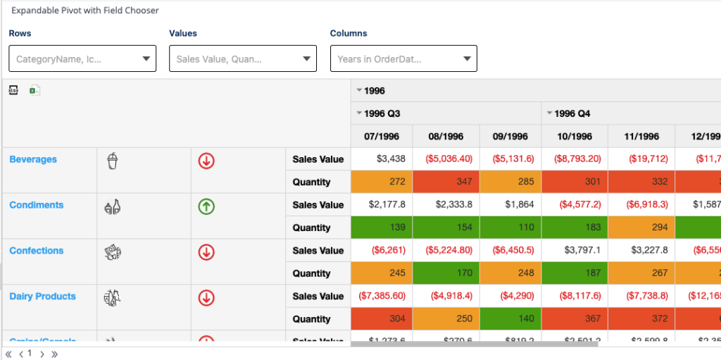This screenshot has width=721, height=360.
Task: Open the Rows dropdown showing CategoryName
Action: point(82,59)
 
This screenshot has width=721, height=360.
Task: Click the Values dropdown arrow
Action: point(306,59)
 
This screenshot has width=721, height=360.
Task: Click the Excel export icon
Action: point(34,90)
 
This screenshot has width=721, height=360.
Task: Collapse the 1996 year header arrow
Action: point(359,91)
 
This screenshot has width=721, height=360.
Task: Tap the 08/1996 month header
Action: point(446,136)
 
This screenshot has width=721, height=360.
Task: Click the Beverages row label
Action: point(33,159)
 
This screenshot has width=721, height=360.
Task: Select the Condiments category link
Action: point(36,205)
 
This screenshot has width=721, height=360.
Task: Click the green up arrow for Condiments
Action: point(206,206)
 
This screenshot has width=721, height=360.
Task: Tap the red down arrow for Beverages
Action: point(206,161)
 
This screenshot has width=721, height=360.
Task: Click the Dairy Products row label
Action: point(42,297)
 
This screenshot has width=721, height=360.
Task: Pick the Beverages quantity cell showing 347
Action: point(446,182)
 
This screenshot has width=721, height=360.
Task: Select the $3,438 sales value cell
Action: point(382,159)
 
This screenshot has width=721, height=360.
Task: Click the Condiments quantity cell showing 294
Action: point(641,228)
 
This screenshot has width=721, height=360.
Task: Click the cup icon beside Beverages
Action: point(113,162)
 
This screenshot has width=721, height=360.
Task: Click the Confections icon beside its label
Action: point(113,252)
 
